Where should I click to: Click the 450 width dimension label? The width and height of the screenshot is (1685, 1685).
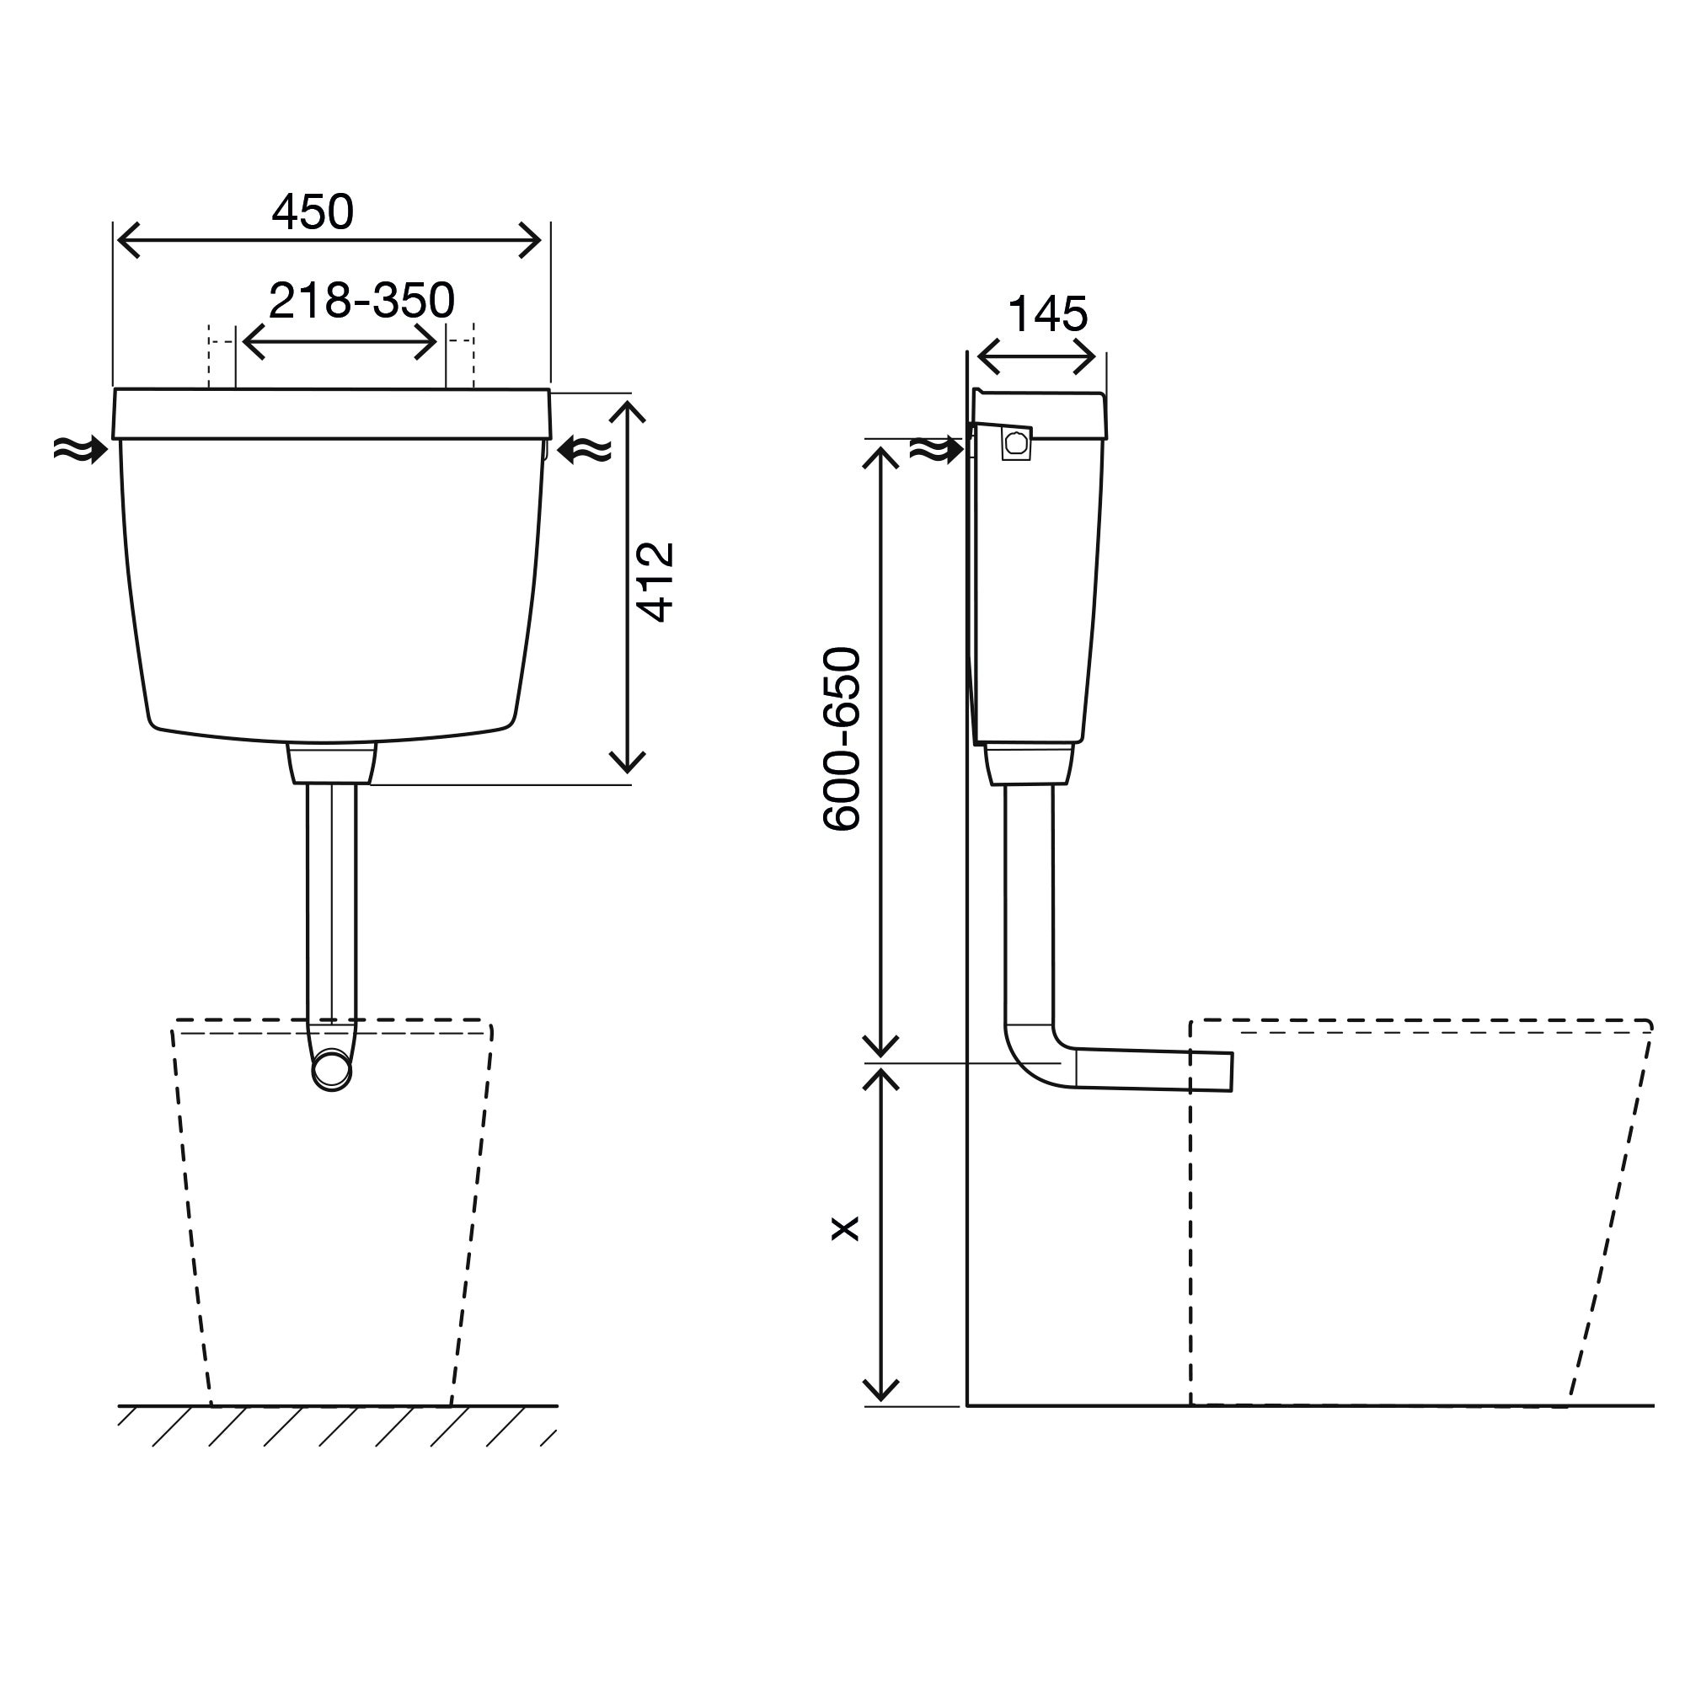[313, 211]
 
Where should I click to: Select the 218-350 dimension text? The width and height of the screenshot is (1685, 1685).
[361, 300]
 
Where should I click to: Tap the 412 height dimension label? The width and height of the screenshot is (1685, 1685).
[655, 581]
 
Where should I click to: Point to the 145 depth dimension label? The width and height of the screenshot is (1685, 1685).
[1046, 314]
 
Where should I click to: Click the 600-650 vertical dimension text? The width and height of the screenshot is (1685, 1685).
[842, 739]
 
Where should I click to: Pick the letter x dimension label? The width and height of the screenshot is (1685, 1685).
[845, 1230]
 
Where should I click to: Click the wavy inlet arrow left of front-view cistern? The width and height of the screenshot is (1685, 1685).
[80, 450]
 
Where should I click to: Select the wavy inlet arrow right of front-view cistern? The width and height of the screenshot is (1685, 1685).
[584, 449]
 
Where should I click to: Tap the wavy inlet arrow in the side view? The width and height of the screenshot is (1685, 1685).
[937, 449]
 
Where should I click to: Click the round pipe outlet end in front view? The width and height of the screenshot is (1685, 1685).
[332, 1070]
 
